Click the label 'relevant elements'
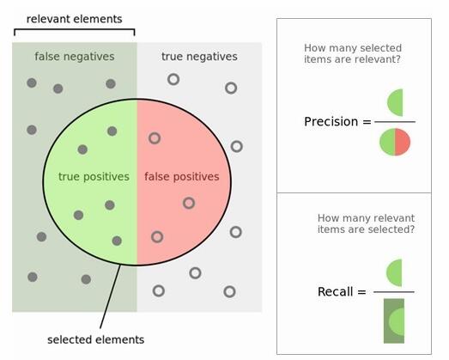74,19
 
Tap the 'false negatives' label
75,57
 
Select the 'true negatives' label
199,57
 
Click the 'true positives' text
94,176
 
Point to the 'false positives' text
182,176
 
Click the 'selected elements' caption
95,339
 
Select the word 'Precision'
331,121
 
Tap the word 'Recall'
335,292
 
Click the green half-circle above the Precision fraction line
395,102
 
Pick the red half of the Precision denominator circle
403,142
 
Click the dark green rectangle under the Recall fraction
394,320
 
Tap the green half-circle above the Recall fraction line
394,272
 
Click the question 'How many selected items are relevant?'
353,53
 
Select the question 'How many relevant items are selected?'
366,223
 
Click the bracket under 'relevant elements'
75,29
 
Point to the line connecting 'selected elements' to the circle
110,296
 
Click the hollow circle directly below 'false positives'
189,203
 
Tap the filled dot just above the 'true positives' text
82,149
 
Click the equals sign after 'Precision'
367,122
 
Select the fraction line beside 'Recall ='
394,292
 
